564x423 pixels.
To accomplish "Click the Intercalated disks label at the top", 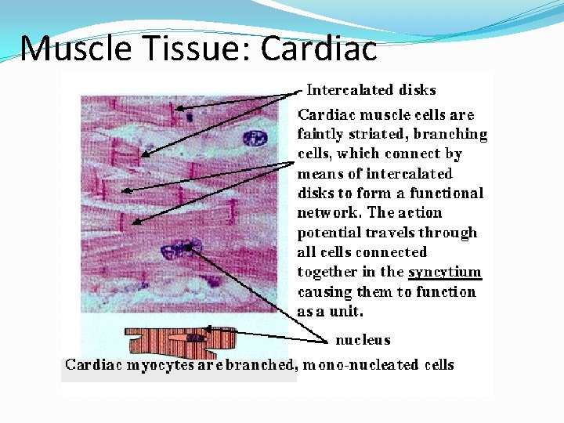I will coord(371,90).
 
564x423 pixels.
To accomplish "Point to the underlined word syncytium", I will coord(444,272).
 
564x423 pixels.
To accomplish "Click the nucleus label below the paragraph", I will coord(363,340).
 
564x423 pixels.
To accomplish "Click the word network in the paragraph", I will coord(328,213).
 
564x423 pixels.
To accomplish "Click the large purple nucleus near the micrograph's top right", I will coord(255,139).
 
